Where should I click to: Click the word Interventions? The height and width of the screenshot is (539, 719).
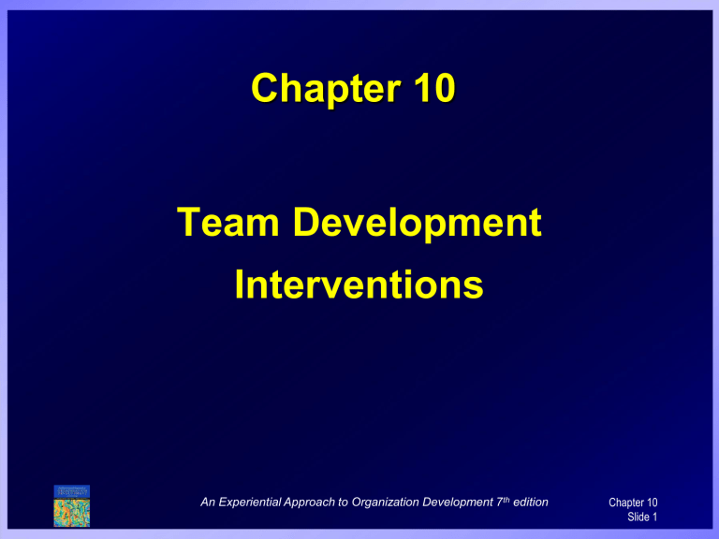pyautogui.click(x=359, y=284)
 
